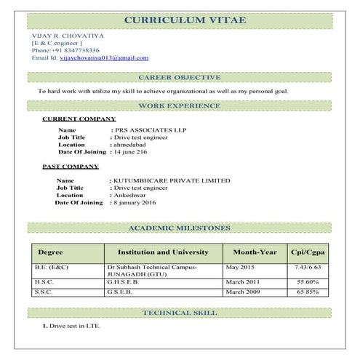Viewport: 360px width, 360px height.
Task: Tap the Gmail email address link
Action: (103, 58)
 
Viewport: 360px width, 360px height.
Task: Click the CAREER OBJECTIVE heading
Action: (179, 77)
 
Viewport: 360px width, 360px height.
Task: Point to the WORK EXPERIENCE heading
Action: (179, 106)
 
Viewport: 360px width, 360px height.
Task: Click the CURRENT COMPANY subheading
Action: (79, 119)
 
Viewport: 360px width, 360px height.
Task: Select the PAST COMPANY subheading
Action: (71, 167)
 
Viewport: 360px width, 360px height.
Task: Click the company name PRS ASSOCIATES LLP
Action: (146, 129)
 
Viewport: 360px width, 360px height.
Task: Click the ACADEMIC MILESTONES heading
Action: (179, 228)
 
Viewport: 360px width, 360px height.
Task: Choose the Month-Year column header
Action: (255, 252)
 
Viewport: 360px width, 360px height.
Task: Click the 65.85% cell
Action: (308, 292)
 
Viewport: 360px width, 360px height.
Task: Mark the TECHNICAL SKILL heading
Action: (179, 313)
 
